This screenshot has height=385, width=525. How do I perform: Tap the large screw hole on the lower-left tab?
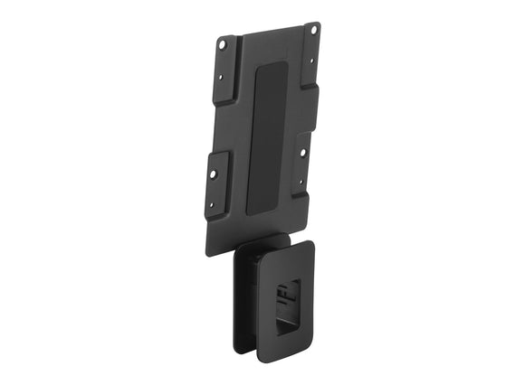coord(216,170)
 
